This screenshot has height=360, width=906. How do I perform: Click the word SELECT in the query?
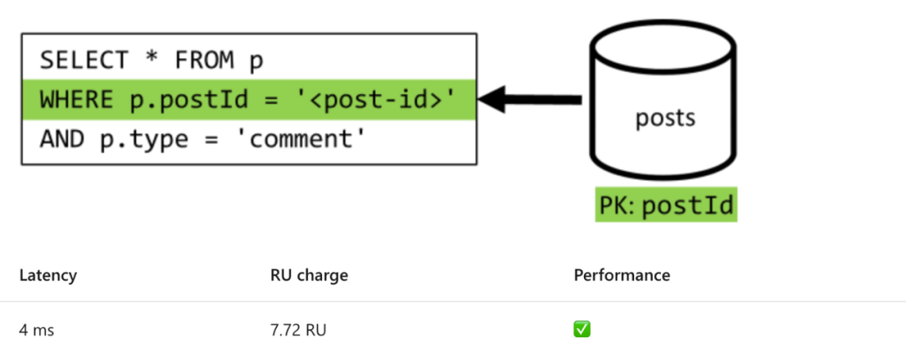tap(84, 60)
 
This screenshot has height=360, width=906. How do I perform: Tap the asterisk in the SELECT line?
tap(151, 58)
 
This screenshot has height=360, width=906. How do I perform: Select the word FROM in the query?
tap(205, 60)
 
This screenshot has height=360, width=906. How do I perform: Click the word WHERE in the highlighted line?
tap(76, 100)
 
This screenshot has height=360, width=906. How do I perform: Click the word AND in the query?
tap(62, 139)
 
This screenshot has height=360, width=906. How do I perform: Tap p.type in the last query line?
tap(144, 140)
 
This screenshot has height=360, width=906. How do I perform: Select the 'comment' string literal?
tap(301, 139)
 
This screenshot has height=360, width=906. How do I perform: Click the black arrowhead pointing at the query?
tap(492, 99)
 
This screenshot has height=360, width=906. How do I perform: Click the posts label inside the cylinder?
tap(665, 117)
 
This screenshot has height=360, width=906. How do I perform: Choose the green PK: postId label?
tap(666, 205)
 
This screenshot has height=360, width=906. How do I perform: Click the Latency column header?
tap(48, 275)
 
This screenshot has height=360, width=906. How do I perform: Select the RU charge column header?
tap(309, 275)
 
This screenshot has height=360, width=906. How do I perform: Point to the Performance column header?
tap(622, 275)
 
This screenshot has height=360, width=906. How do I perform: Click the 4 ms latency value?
tap(36, 331)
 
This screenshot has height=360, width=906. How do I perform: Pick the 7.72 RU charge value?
tap(298, 331)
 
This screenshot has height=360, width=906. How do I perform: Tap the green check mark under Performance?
tap(582, 330)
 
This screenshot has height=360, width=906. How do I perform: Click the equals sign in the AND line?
tap(212, 140)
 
